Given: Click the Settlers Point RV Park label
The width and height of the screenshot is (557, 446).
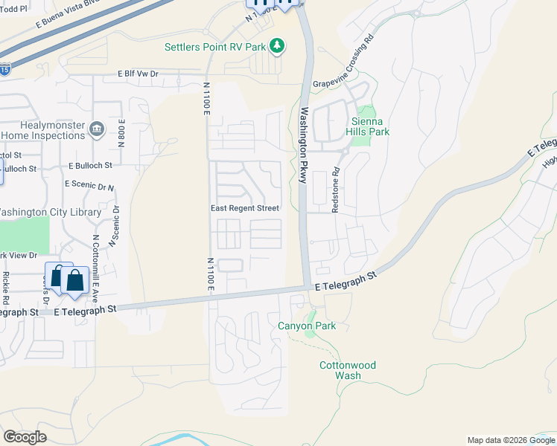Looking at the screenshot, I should point(215,47).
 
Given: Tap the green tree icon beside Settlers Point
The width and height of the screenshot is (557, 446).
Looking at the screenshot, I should point(277,47).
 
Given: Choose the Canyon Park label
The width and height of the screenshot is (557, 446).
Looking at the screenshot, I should point(307,326).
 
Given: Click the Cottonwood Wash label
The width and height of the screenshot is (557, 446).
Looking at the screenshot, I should point(348,370).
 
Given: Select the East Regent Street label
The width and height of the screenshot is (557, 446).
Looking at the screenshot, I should point(244,209).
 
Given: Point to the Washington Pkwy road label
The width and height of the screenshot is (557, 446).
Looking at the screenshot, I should point(303,146).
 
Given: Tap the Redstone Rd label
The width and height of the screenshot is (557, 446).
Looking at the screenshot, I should point(335,190).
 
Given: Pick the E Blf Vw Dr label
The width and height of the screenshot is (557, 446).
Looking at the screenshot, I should point(139,74).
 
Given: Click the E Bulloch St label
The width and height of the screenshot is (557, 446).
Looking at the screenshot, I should point(89,166).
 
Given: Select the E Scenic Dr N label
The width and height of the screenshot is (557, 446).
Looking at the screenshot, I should point(89,184).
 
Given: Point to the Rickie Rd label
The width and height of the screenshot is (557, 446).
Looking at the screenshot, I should point(5,288).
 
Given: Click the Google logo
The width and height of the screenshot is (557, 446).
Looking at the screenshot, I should point(25,437).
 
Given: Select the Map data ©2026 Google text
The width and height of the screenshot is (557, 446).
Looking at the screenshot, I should point(510,440).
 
